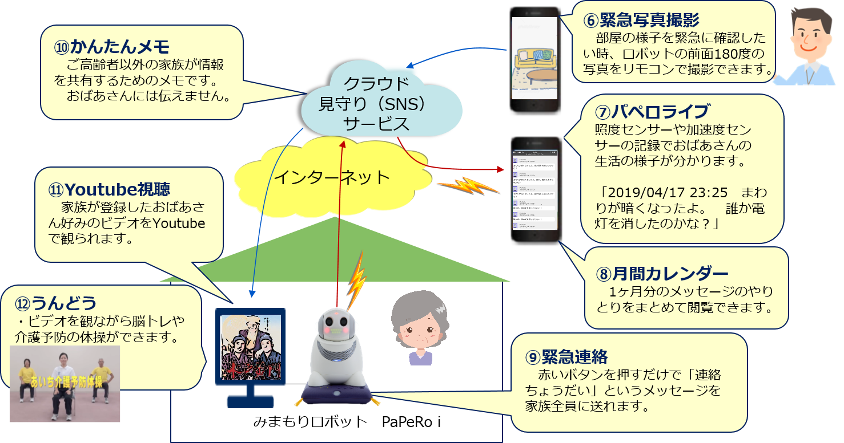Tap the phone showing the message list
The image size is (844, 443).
pos(533,190)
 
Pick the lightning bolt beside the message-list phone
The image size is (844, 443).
pos(460,186)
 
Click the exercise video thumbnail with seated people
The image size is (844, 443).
pos(66,383)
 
